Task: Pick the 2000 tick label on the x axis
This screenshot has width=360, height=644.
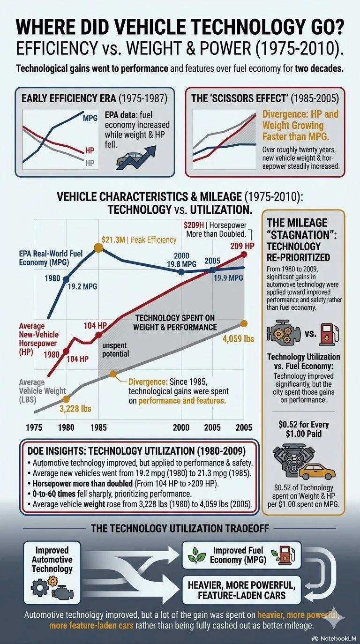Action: [181, 427]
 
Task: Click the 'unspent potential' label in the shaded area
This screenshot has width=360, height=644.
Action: [115, 349]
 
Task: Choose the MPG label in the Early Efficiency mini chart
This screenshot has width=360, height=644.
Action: [90, 118]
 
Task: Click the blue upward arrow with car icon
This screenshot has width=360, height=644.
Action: [136, 157]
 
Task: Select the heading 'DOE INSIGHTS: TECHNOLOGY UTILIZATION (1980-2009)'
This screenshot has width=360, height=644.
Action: [136, 451]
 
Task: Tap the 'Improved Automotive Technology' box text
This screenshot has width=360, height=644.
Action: [52, 559]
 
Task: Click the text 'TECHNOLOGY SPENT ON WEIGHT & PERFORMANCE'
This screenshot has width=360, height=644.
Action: [175, 322]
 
